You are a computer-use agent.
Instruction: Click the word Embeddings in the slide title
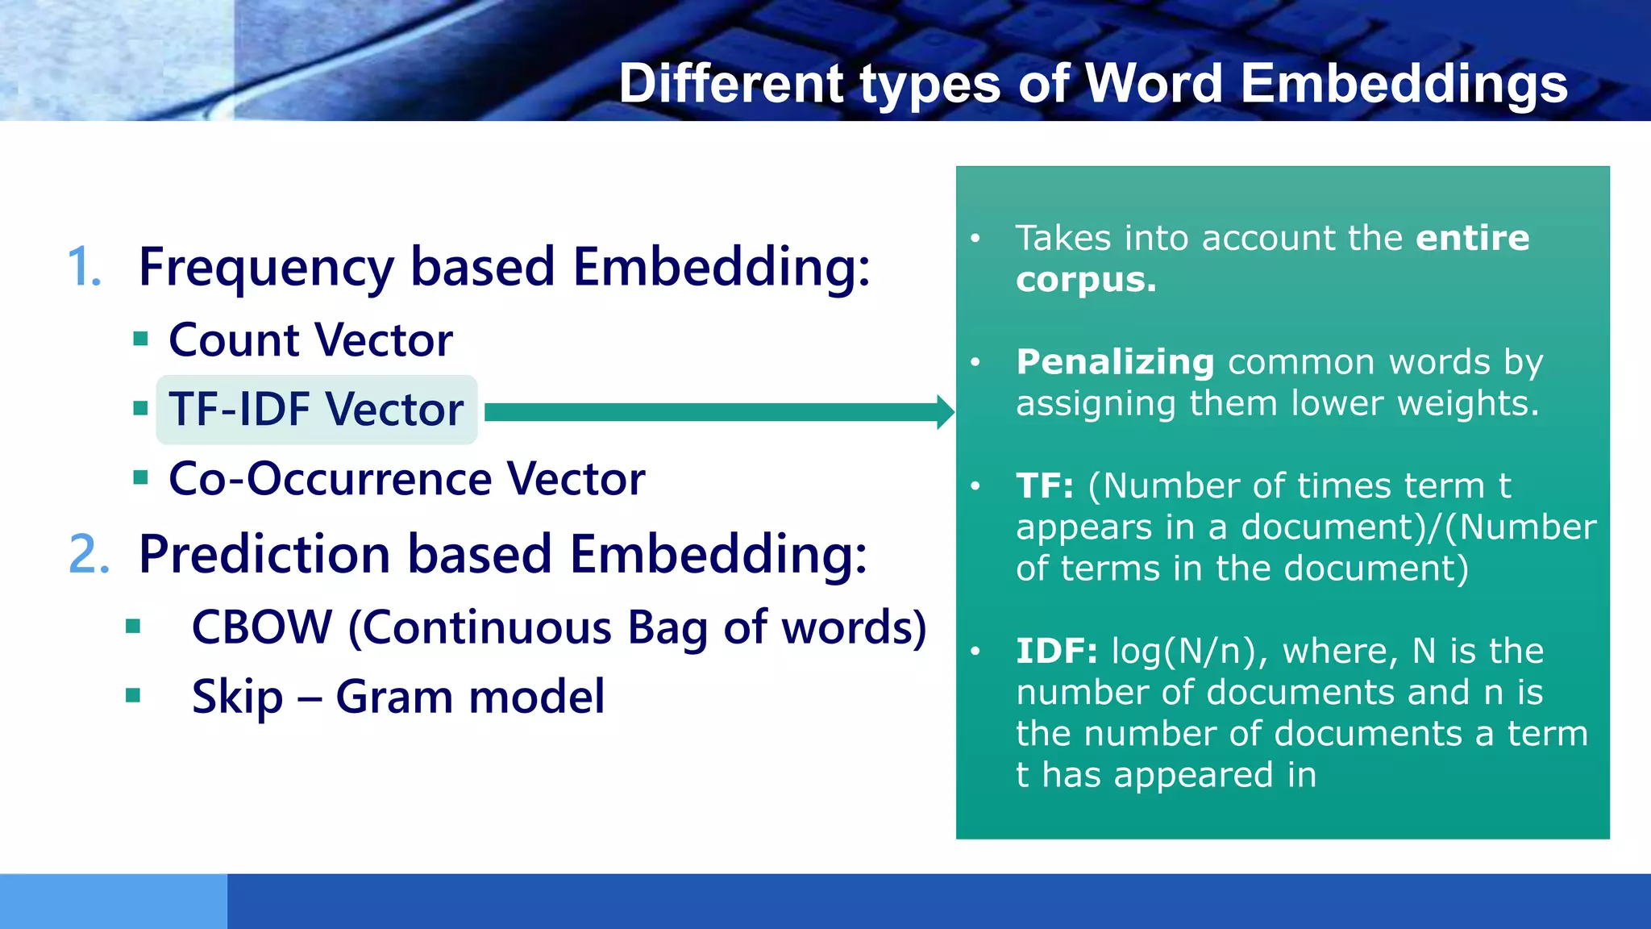click(x=1404, y=84)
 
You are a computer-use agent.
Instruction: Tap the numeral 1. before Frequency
click(x=85, y=267)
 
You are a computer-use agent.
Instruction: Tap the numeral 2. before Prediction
click(x=89, y=555)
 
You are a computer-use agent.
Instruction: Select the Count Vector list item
click(x=310, y=340)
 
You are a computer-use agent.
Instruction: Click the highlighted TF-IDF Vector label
click(x=316, y=409)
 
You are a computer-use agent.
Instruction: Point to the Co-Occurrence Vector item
click(x=406, y=479)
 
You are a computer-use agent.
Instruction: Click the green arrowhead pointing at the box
click(x=945, y=412)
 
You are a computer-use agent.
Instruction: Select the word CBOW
click(x=262, y=627)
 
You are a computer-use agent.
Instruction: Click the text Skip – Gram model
click(x=397, y=697)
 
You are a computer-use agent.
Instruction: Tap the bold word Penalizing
click(x=1115, y=362)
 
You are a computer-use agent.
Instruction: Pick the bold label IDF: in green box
click(x=1056, y=651)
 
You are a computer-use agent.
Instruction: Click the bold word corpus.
click(x=1085, y=280)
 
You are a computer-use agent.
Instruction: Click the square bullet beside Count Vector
click(x=140, y=339)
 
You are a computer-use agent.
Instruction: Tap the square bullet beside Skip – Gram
click(x=134, y=695)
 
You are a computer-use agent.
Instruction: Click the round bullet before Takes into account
click(x=975, y=239)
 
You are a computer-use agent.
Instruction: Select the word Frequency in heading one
click(x=266, y=267)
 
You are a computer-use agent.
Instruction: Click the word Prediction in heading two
click(x=264, y=555)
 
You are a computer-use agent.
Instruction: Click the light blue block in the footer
click(x=113, y=901)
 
